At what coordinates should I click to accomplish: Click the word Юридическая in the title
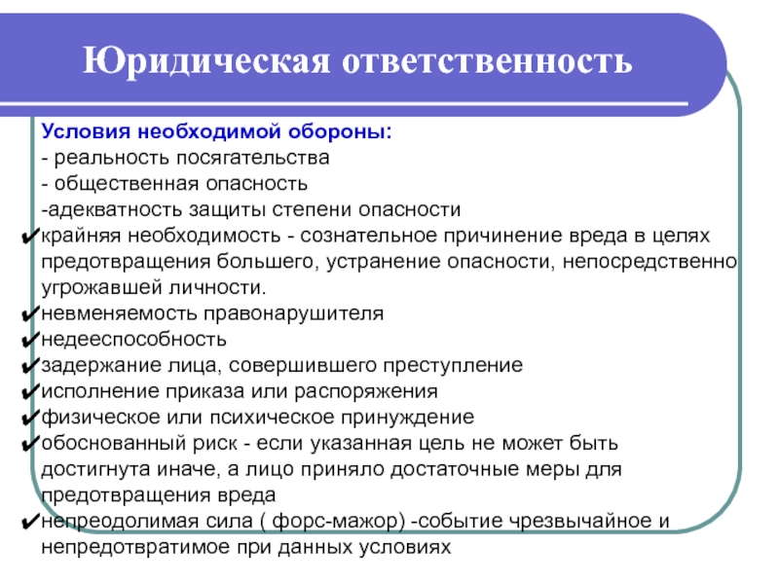tap(206, 61)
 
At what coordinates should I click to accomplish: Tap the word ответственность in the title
tap(488, 61)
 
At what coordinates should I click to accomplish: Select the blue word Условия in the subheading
tap(86, 131)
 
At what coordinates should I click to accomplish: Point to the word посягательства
tap(253, 158)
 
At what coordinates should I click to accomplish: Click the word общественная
tap(127, 184)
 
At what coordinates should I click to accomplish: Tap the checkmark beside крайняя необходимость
tap(31, 236)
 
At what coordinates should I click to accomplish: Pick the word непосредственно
tap(649, 262)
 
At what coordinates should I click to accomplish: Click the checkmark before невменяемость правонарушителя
tap(31, 313)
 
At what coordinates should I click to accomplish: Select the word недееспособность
tap(133, 340)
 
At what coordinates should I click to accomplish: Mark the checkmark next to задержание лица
tap(31, 366)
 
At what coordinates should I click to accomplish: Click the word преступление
tap(453, 366)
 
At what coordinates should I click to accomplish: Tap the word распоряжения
tap(366, 392)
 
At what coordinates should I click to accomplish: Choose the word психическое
tap(272, 418)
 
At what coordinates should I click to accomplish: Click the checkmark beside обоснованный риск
tap(31, 444)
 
